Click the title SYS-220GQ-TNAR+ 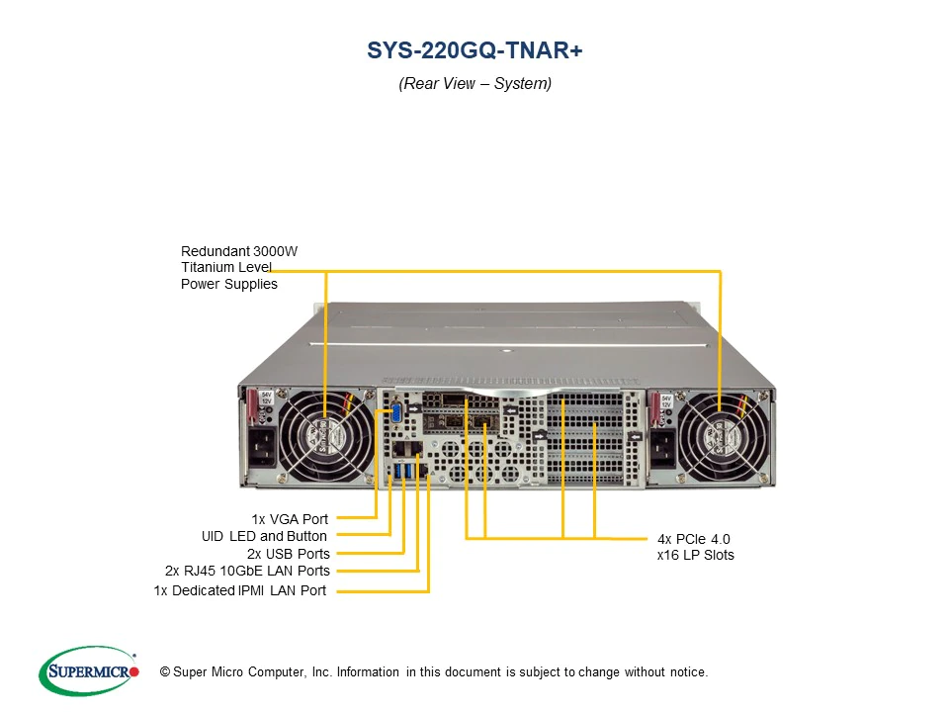(474, 50)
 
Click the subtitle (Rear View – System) (474, 84)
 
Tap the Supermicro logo (88, 672)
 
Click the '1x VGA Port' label (290, 518)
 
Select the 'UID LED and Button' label (264, 536)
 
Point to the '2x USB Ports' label (289, 554)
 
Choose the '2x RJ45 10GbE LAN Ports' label (247, 571)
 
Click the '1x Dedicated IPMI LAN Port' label (240, 590)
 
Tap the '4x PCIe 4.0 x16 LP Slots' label (694, 547)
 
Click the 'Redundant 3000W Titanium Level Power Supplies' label (239, 268)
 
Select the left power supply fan (325, 436)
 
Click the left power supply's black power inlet (264, 452)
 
